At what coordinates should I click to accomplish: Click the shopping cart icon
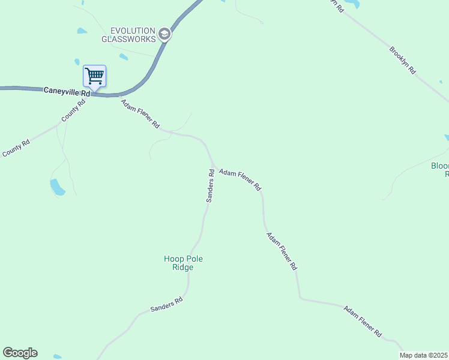coord(94,76)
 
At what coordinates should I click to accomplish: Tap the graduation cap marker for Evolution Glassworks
coord(164,35)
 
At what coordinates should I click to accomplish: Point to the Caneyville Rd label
coord(67,91)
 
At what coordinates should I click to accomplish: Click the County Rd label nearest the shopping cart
coord(73,110)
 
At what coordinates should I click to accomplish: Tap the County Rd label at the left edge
coord(16,149)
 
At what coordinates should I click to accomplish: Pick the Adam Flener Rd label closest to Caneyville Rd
coord(140,114)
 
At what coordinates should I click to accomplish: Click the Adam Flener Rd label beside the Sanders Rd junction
coord(240,179)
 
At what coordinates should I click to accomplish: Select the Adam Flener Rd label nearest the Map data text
coord(363,320)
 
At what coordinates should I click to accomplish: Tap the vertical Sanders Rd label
coord(211,185)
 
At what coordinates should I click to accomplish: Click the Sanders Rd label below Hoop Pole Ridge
coord(166,305)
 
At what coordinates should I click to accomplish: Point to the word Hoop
coord(174,259)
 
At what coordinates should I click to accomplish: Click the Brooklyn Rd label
coord(402,60)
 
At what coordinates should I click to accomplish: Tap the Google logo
coord(20,353)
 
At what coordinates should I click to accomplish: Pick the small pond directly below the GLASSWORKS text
coord(123,57)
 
